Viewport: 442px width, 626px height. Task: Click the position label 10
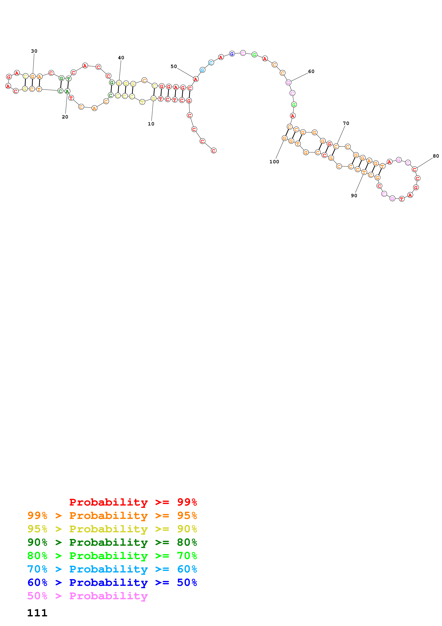coord(151,124)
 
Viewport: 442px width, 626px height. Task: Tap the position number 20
coord(65,117)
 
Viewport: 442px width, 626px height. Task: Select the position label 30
coord(34,51)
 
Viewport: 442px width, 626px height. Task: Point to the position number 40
coord(121,58)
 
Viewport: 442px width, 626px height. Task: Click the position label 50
coord(173,67)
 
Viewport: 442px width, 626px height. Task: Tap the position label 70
coord(346,123)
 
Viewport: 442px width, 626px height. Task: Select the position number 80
coord(436,156)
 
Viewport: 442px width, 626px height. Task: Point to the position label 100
coord(274,162)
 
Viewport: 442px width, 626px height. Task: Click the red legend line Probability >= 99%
coord(133,502)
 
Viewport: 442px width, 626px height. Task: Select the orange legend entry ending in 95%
coord(112,516)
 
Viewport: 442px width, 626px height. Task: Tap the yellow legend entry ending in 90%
coord(112,529)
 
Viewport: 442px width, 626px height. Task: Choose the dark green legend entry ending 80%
coord(112,542)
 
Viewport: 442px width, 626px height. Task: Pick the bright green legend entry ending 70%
coord(112,556)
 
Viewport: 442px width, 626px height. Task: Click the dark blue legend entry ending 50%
coord(112,582)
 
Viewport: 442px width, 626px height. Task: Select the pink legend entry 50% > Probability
coord(87,596)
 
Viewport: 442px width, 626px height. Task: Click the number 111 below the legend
coord(37,613)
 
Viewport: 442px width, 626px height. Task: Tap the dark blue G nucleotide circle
coord(232,54)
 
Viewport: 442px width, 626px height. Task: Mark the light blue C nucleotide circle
coord(211,63)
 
